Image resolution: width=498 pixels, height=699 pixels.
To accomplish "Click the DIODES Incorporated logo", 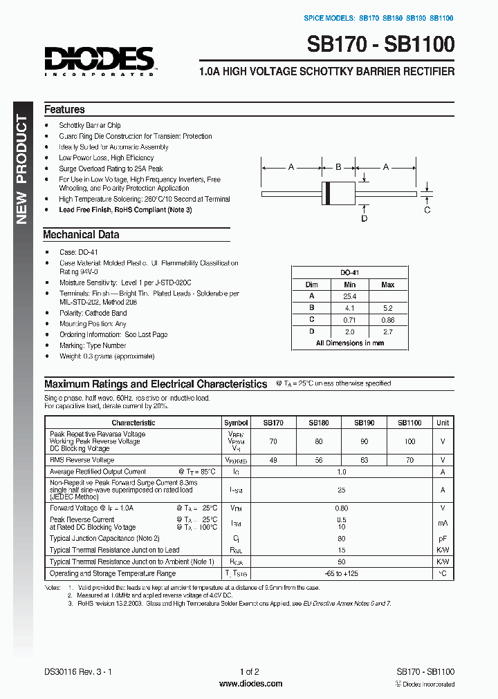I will click(x=99, y=60).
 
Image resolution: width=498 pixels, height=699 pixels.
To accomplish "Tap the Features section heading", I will click(x=64, y=109).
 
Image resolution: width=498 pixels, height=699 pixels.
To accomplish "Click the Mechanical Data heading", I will click(x=81, y=234).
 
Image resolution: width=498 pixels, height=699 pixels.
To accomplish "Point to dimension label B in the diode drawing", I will click(x=338, y=166).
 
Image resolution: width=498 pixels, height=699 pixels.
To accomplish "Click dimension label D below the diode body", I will click(x=364, y=218).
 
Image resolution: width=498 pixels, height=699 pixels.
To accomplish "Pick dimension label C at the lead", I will click(x=427, y=209).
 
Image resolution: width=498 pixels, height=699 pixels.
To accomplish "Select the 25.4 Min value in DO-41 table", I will click(x=349, y=296).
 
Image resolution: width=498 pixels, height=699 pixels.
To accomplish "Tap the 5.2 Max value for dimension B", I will click(x=387, y=308).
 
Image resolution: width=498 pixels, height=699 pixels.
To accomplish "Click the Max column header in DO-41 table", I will click(x=387, y=285).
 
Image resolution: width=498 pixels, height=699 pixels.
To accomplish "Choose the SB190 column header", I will click(x=365, y=422).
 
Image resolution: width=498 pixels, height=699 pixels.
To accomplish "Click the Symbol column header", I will click(x=236, y=422).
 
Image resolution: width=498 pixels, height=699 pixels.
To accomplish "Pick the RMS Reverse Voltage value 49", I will click(x=273, y=459).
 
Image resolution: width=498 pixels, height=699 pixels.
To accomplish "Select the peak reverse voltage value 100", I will click(x=409, y=441).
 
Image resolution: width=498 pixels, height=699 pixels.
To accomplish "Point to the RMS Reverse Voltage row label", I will click(x=82, y=459).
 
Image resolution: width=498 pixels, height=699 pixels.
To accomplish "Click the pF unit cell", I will click(x=443, y=538).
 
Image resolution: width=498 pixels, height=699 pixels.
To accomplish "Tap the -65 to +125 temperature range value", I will click(x=341, y=573).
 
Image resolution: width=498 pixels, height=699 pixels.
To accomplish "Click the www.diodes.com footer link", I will click(x=250, y=684).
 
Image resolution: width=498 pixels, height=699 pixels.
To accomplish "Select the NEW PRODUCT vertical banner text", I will click(x=21, y=170).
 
